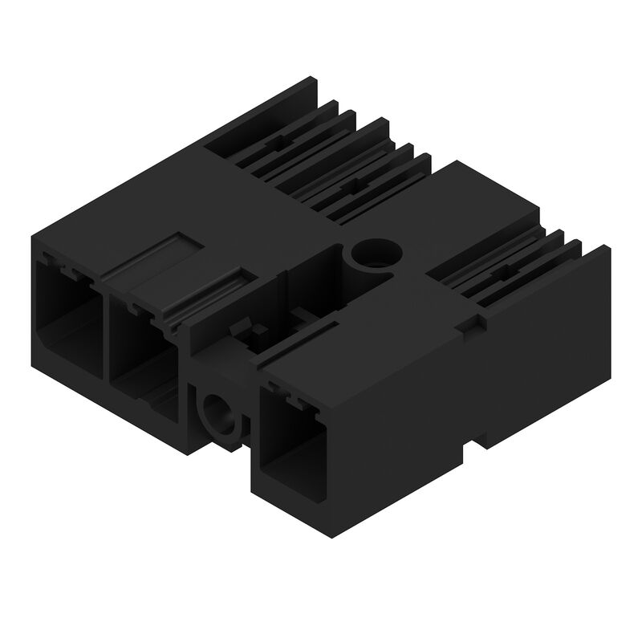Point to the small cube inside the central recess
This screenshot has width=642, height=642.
tap(258, 331)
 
